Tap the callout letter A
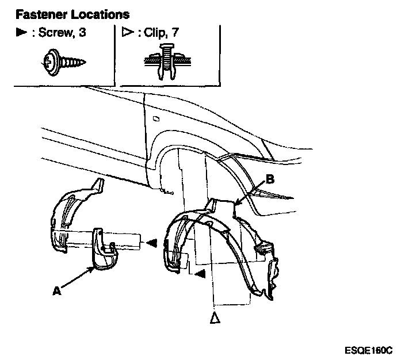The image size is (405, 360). (x=56, y=292)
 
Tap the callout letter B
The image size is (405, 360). (x=270, y=179)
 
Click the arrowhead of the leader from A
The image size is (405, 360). (x=96, y=268)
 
